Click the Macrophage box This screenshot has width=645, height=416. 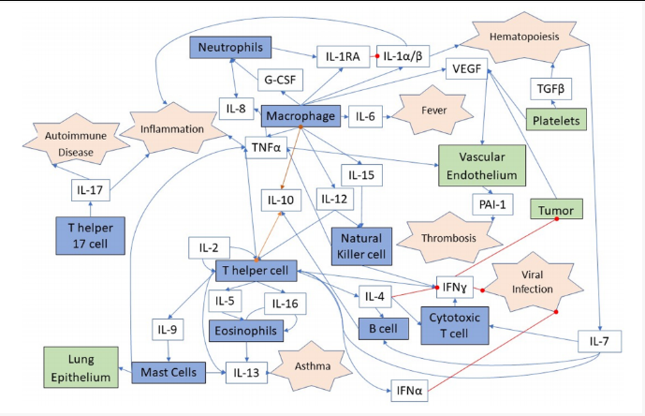tap(301, 115)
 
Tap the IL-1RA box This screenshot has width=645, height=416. tap(343, 57)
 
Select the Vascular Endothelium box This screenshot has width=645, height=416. tap(477, 165)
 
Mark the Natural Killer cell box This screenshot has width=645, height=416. tap(363, 240)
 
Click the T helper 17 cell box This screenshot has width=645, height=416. tap(90, 234)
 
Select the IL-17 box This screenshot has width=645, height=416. tap(91, 190)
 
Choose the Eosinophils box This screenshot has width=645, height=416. tap(253, 330)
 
